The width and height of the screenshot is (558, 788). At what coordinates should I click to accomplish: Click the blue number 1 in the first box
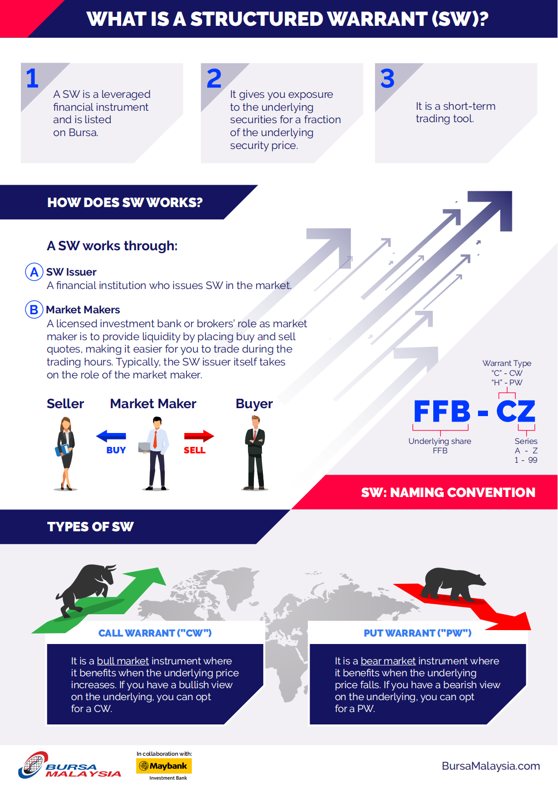(x=32, y=78)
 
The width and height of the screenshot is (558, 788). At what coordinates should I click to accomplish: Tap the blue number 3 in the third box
(x=387, y=78)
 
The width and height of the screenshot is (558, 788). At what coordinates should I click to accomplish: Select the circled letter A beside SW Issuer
(x=34, y=272)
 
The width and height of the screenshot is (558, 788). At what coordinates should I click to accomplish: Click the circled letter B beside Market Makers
(x=34, y=309)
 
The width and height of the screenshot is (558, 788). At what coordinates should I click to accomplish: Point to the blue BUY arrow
(x=111, y=436)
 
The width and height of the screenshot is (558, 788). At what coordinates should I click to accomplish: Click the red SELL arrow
(x=199, y=436)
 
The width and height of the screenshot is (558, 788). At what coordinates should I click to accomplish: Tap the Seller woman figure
(x=66, y=453)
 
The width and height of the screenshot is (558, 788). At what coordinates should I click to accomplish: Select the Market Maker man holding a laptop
(x=155, y=453)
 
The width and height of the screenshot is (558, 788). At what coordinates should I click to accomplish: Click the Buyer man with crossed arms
(x=255, y=453)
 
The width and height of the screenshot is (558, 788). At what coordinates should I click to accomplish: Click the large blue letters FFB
(x=442, y=411)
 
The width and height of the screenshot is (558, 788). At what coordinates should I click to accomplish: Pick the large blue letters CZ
(x=516, y=411)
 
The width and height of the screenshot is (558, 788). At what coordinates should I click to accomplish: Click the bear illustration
(x=454, y=584)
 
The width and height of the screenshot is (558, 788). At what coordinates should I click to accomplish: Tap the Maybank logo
(x=164, y=766)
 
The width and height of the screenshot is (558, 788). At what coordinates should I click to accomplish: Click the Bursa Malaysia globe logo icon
(x=34, y=765)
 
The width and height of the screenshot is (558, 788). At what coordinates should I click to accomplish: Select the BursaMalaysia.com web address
(x=491, y=766)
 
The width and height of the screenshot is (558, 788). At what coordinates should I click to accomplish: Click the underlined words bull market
(x=123, y=661)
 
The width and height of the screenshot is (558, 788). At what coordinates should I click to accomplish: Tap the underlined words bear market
(x=388, y=661)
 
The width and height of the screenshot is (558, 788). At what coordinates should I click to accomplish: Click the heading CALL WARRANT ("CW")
(x=155, y=633)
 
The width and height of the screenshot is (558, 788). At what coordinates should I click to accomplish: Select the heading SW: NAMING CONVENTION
(x=448, y=493)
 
